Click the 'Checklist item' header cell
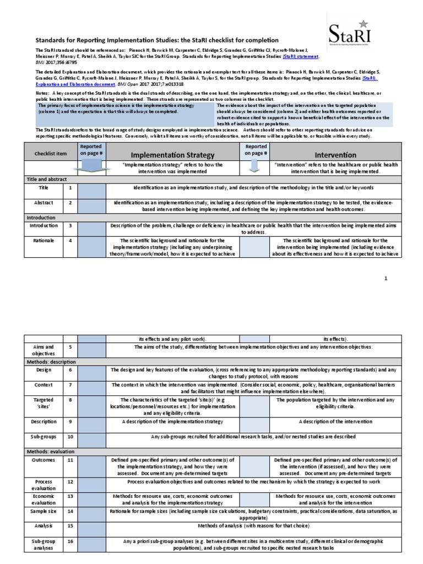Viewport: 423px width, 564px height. [43, 155]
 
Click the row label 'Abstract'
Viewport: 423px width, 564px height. [43, 203]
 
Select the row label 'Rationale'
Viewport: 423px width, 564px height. [43, 240]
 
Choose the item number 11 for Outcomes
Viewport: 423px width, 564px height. [70, 459]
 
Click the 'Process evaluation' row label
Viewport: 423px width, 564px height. [43, 485]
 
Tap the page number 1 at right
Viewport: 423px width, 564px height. [386, 279]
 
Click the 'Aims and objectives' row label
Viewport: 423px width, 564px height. [43, 350]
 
